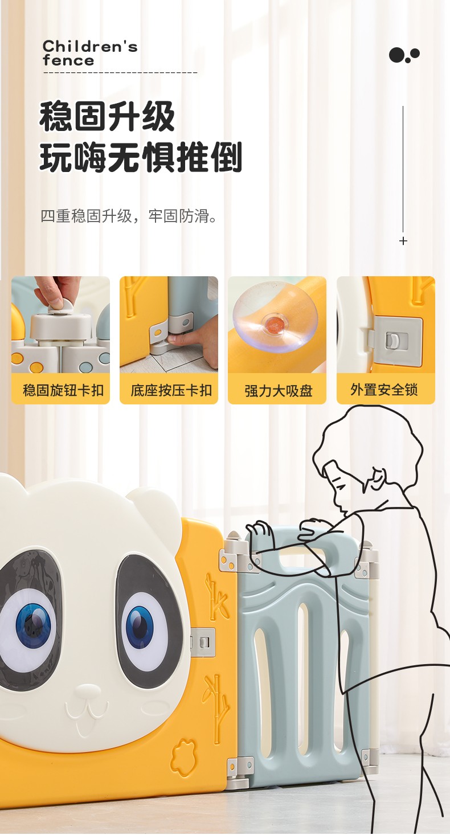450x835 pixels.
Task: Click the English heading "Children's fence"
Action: pyautogui.click(x=90, y=54)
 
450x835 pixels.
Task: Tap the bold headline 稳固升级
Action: pyautogui.click(x=107, y=117)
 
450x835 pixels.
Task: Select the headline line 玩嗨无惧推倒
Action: pyautogui.click(x=141, y=157)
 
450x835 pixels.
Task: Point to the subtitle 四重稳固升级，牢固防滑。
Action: pyautogui.click(x=129, y=216)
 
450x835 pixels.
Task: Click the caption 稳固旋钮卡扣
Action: pyautogui.click(x=63, y=390)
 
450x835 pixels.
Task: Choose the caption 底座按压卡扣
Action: pyautogui.click(x=171, y=390)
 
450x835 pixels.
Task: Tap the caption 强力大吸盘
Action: pyautogui.click(x=278, y=391)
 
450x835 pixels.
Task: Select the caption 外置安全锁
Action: pyautogui.click(x=384, y=390)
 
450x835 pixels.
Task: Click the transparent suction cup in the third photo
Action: pyautogui.click(x=275, y=316)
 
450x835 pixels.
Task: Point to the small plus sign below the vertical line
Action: pyautogui.click(x=403, y=241)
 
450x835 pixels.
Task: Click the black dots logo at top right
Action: pyautogui.click(x=404, y=55)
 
